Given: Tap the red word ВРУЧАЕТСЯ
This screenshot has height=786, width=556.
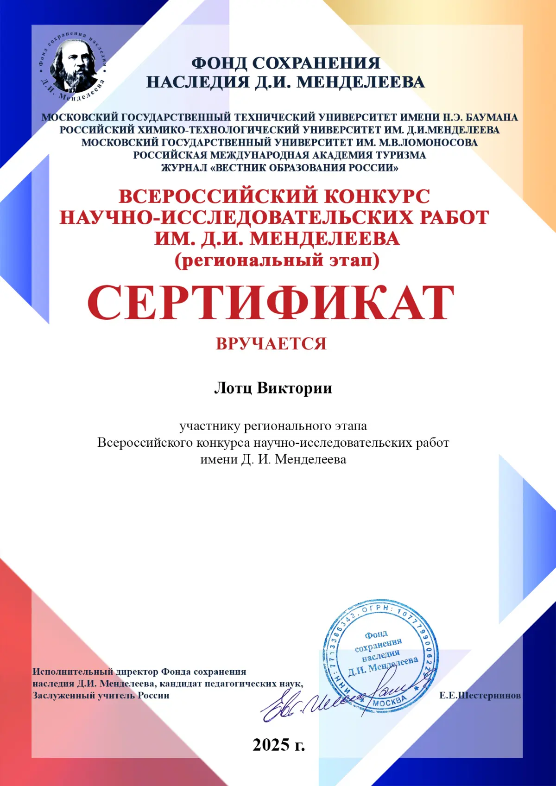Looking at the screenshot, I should coord(271,344).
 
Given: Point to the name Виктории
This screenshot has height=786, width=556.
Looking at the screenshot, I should coord(294,388).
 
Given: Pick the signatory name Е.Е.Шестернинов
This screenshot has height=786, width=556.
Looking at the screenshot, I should coord(480,696).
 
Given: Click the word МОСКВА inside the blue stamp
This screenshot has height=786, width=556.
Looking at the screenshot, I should coord(389,702).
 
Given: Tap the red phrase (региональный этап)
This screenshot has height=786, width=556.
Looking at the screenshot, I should coord(277,260).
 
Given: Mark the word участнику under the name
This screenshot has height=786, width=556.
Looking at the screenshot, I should coord(209,425).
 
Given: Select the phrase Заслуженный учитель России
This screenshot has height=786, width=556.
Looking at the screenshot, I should coord(101,696).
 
